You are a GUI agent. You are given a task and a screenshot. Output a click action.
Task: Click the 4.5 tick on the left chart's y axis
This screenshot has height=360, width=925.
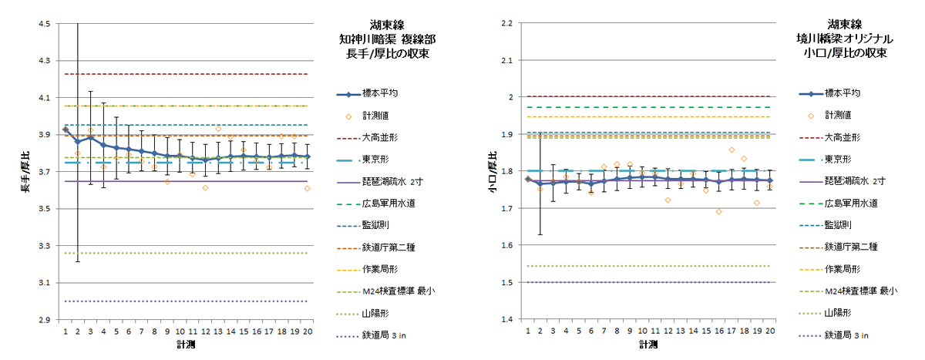(x=44, y=24)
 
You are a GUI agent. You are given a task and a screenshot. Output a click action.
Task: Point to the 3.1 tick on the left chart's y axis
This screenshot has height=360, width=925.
(x=44, y=283)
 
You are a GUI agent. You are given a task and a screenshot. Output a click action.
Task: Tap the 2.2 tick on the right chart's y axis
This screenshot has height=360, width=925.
(x=507, y=24)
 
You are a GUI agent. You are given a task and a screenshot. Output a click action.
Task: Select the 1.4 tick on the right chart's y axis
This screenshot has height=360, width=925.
(x=507, y=319)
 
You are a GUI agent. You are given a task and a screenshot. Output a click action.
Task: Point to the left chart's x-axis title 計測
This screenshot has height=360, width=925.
(x=186, y=344)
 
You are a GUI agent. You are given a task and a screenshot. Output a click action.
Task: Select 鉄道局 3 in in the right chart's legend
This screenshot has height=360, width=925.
(x=846, y=335)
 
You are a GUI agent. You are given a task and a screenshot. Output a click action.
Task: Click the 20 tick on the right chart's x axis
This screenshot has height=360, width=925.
(x=769, y=330)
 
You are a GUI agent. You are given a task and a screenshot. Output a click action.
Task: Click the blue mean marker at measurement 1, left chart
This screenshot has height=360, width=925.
(x=66, y=130)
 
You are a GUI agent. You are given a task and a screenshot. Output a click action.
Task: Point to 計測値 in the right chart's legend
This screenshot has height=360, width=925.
(x=837, y=115)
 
